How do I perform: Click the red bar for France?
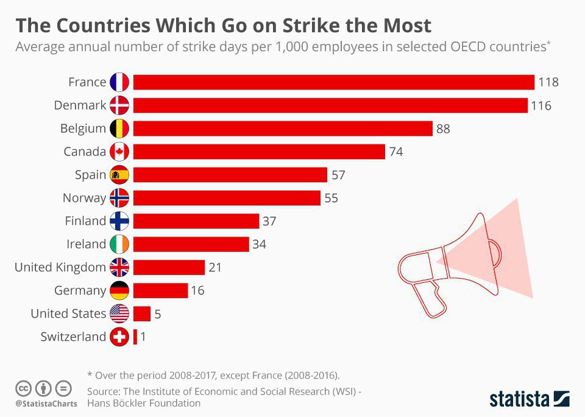click(x=333, y=82)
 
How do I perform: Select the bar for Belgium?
click(x=283, y=129)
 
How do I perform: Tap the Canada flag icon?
click(x=119, y=152)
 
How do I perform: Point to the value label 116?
click(x=541, y=105)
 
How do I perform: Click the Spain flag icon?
click(x=119, y=175)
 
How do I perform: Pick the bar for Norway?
click(x=227, y=198)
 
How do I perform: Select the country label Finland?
click(x=85, y=221)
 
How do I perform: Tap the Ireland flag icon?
click(x=119, y=244)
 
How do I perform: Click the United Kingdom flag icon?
click(x=119, y=267)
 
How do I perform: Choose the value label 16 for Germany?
click(x=197, y=290)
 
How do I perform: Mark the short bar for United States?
click(x=142, y=313)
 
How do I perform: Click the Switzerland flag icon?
click(x=119, y=337)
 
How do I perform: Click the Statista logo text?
click(x=520, y=399)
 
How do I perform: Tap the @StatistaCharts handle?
click(x=46, y=403)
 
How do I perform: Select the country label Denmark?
click(x=80, y=105)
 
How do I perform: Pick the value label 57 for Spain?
click(x=338, y=175)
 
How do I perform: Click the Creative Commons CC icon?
click(x=24, y=388)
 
